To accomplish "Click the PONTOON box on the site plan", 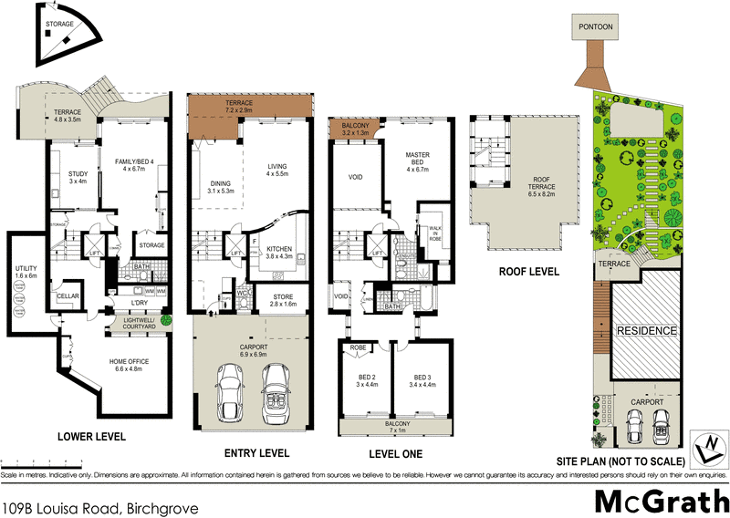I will (x=595, y=27).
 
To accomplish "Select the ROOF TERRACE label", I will (x=528, y=189).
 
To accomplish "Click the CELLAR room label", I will (x=67, y=297).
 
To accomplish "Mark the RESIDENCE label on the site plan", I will (x=646, y=330).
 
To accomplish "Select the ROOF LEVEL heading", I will (x=527, y=272).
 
